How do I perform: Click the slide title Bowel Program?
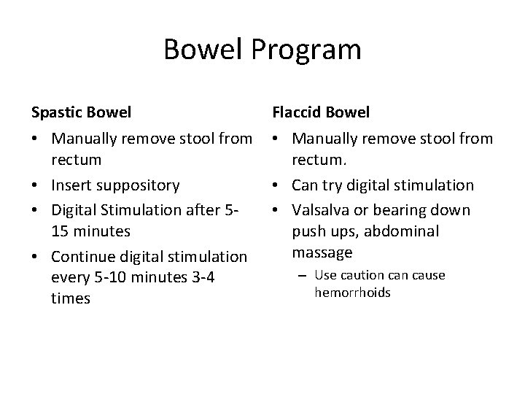pyautogui.click(x=262, y=50)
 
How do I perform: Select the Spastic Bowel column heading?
pyautogui.click(x=81, y=112)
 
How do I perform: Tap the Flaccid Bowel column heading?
pyautogui.click(x=321, y=112)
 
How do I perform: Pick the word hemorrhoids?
pyautogui.click(x=353, y=293)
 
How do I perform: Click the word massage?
pyautogui.click(x=322, y=252)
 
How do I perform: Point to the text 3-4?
pyautogui.click(x=203, y=278)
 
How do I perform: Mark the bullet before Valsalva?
pyautogui.click(x=277, y=210)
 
